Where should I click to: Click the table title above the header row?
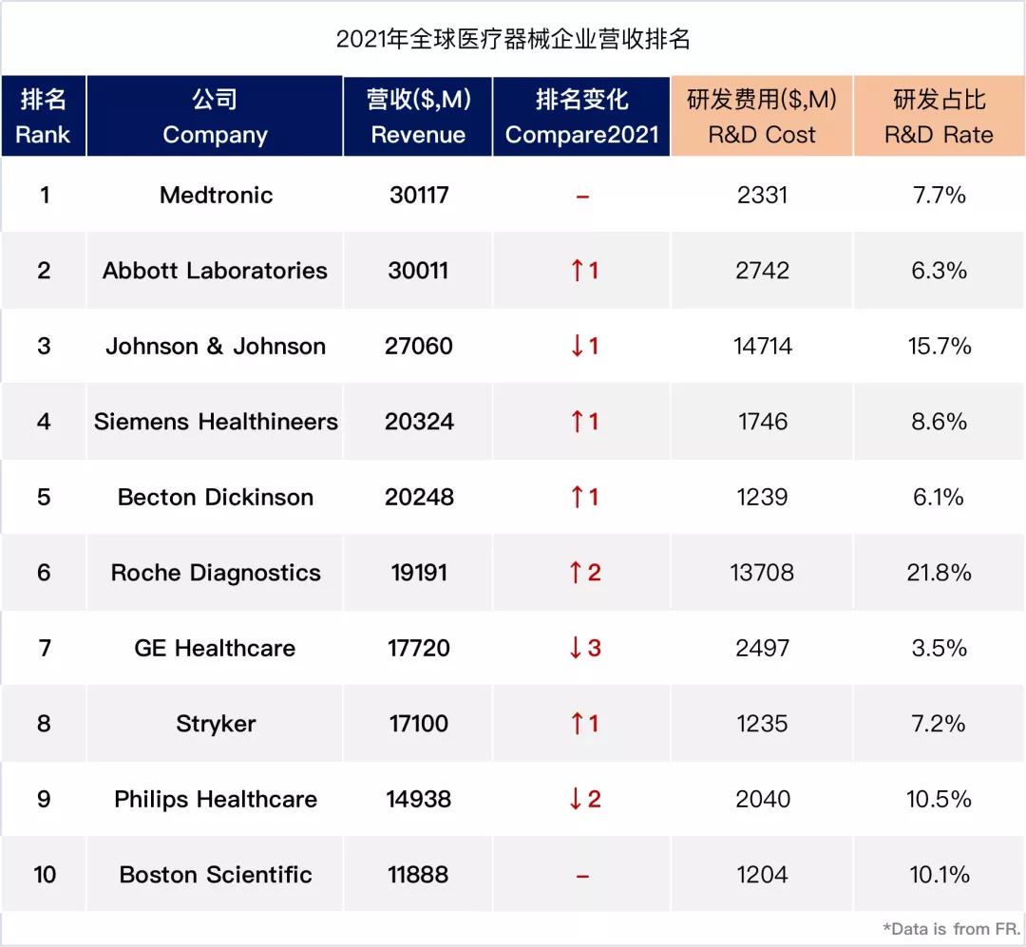pos(513,40)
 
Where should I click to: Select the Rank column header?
pos(44,117)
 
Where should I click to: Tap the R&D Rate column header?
pos(939,117)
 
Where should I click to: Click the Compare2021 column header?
pos(581,117)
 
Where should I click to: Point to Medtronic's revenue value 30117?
pos(419,195)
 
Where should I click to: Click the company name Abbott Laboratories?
pos(216,271)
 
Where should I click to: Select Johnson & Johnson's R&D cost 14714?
pos(762,346)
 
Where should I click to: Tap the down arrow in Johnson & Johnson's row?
pos(578,346)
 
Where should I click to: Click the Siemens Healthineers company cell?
pos(216,422)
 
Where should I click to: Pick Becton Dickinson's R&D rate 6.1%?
pos(939,497)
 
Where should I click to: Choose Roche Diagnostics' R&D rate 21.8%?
pos(939,573)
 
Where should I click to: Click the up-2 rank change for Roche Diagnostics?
pos(584,573)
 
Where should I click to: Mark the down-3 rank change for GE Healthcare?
pos(584,649)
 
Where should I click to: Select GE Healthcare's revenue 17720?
pos(419,649)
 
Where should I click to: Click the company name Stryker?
pos(216,724)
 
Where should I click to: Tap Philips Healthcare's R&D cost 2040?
pos(762,799)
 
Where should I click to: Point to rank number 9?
pos(44,799)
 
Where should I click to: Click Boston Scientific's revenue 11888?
pos(419,875)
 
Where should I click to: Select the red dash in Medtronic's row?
pos(582,197)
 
